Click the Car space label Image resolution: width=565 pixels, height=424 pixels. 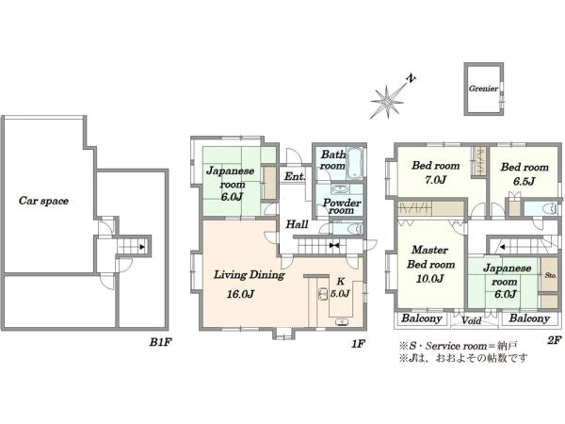tap(43, 201)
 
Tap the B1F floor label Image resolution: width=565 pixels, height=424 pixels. tap(160, 342)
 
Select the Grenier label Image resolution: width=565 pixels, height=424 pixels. tap(483, 89)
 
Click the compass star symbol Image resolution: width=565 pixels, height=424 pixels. tap(387, 102)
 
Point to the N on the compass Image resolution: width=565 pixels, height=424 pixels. tap(411, 78)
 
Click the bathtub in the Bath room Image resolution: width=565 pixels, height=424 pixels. tap(355, 163)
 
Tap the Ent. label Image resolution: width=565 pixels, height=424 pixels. tap(295, 176)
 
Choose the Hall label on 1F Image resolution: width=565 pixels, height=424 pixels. tap(297, 224)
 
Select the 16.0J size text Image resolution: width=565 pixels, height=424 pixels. tap(240, 294)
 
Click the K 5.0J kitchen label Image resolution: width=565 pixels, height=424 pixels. tap(340, 287)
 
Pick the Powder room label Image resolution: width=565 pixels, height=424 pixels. tap(342, 206)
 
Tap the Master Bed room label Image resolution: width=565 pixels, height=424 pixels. tap(430, 256)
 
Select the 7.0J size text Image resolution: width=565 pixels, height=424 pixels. tap(436, 179)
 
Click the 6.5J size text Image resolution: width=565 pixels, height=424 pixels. tap(525, 181)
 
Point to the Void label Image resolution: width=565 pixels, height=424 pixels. tap(472, 320)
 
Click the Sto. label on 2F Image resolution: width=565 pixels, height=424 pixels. tap(551, 275)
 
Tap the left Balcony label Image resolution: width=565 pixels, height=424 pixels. tap(422, 318)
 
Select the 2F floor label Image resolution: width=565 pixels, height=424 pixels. tap(555, 339)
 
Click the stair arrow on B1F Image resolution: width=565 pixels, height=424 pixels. tap(142, 247)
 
